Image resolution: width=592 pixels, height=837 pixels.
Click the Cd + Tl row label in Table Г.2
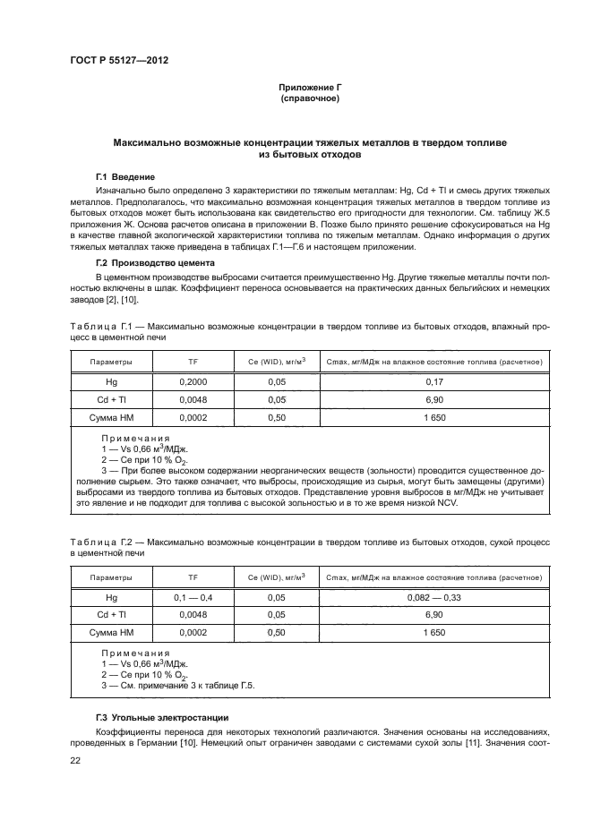pos(112,614)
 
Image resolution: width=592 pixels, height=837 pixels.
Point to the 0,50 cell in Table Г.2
pos(277,633)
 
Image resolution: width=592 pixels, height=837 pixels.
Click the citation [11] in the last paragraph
pos(483,742)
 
